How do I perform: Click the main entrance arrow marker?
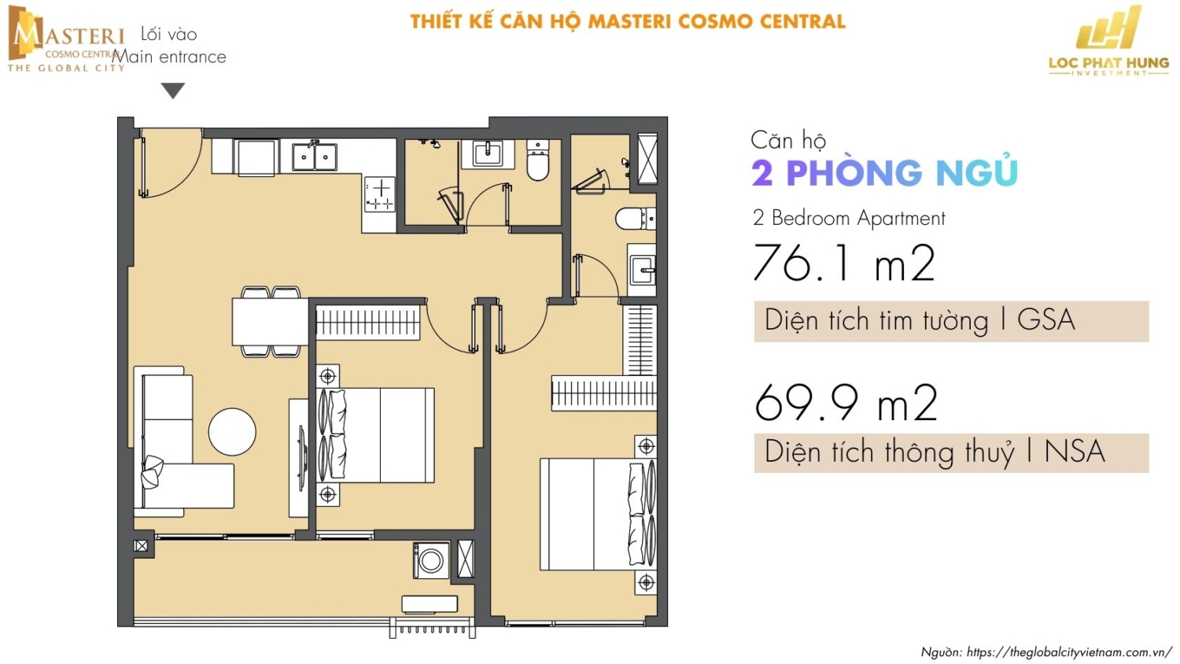tap(173, 90)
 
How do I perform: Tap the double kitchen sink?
tap(315, 156)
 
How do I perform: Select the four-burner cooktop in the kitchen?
tap(380, 194)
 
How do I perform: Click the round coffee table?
tap(232, 432)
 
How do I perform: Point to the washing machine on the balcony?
tap(431, 559)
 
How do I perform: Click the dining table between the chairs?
tap(271, 322)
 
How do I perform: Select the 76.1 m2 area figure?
tap(844, 263)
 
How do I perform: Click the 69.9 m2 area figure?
tap(846, 401)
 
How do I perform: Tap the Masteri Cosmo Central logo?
tap(65, 39)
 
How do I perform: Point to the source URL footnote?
tap(1046, 652)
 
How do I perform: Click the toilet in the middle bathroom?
tap(537, 160)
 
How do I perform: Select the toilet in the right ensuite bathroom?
tap(636, 219)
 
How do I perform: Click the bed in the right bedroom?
tap(598, 515)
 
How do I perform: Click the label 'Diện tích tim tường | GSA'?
tap(920, 320)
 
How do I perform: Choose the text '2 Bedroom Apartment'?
tap(849, 218)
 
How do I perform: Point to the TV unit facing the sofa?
tap(299, 458)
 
